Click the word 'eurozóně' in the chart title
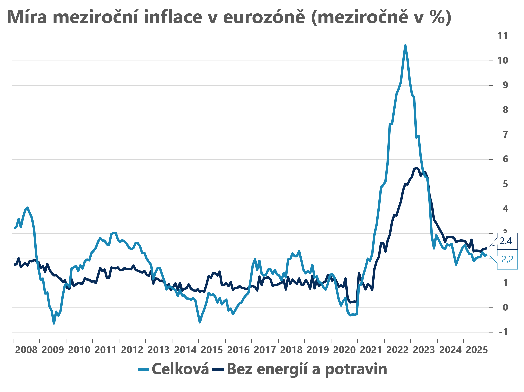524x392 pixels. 264,17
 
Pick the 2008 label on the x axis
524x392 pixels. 26,350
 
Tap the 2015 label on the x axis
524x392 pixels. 212,350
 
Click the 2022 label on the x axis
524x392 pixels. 397,350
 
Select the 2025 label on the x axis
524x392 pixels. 477,350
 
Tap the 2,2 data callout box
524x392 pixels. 507,259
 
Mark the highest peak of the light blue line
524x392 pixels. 405,45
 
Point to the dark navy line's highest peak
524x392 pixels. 416,168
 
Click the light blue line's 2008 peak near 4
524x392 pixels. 27,208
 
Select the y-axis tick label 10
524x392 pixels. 503,60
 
